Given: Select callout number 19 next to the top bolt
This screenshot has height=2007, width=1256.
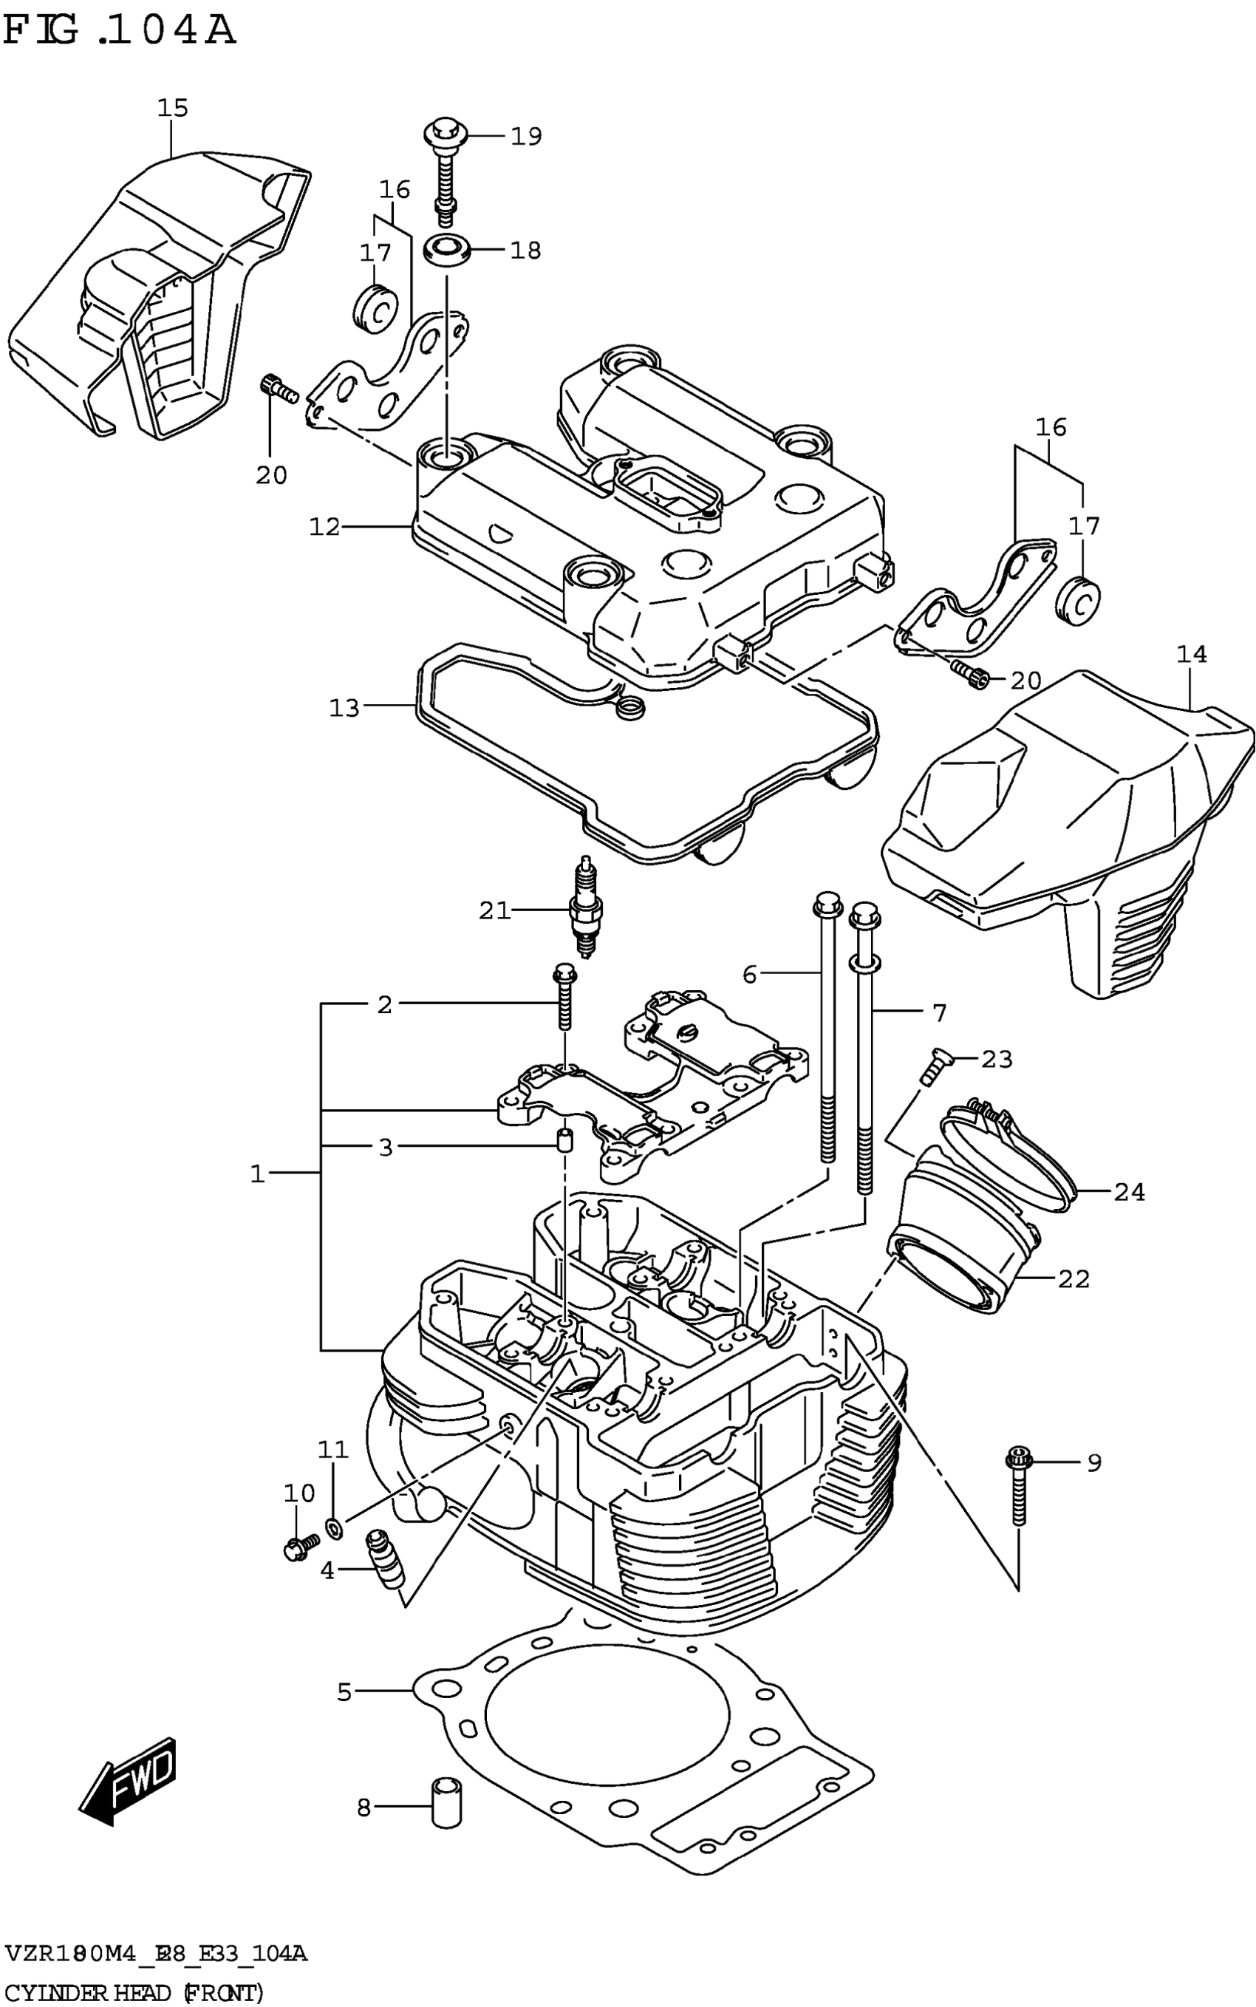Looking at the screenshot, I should click(x=526, y=135).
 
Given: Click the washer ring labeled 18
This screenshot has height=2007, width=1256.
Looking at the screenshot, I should click(x=446, y=248).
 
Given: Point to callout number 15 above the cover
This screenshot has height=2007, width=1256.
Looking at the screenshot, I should click(x=173, y=108).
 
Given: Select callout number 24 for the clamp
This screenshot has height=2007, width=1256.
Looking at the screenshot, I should click(x=1130, y=1192).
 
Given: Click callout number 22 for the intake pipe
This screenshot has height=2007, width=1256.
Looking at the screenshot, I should click(x=1074, y=1278).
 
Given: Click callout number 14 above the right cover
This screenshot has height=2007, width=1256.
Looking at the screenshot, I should click(x=1192, y=655).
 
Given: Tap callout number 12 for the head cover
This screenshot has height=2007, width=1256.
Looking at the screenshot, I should click(x=325, y=527).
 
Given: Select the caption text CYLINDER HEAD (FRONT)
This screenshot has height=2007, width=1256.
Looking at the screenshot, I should click(x=134, y=1992).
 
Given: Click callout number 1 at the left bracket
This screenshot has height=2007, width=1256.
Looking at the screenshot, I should click(x=258, y=1173).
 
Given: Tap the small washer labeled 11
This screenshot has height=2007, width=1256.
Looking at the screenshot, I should click(x=333, y=1525).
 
